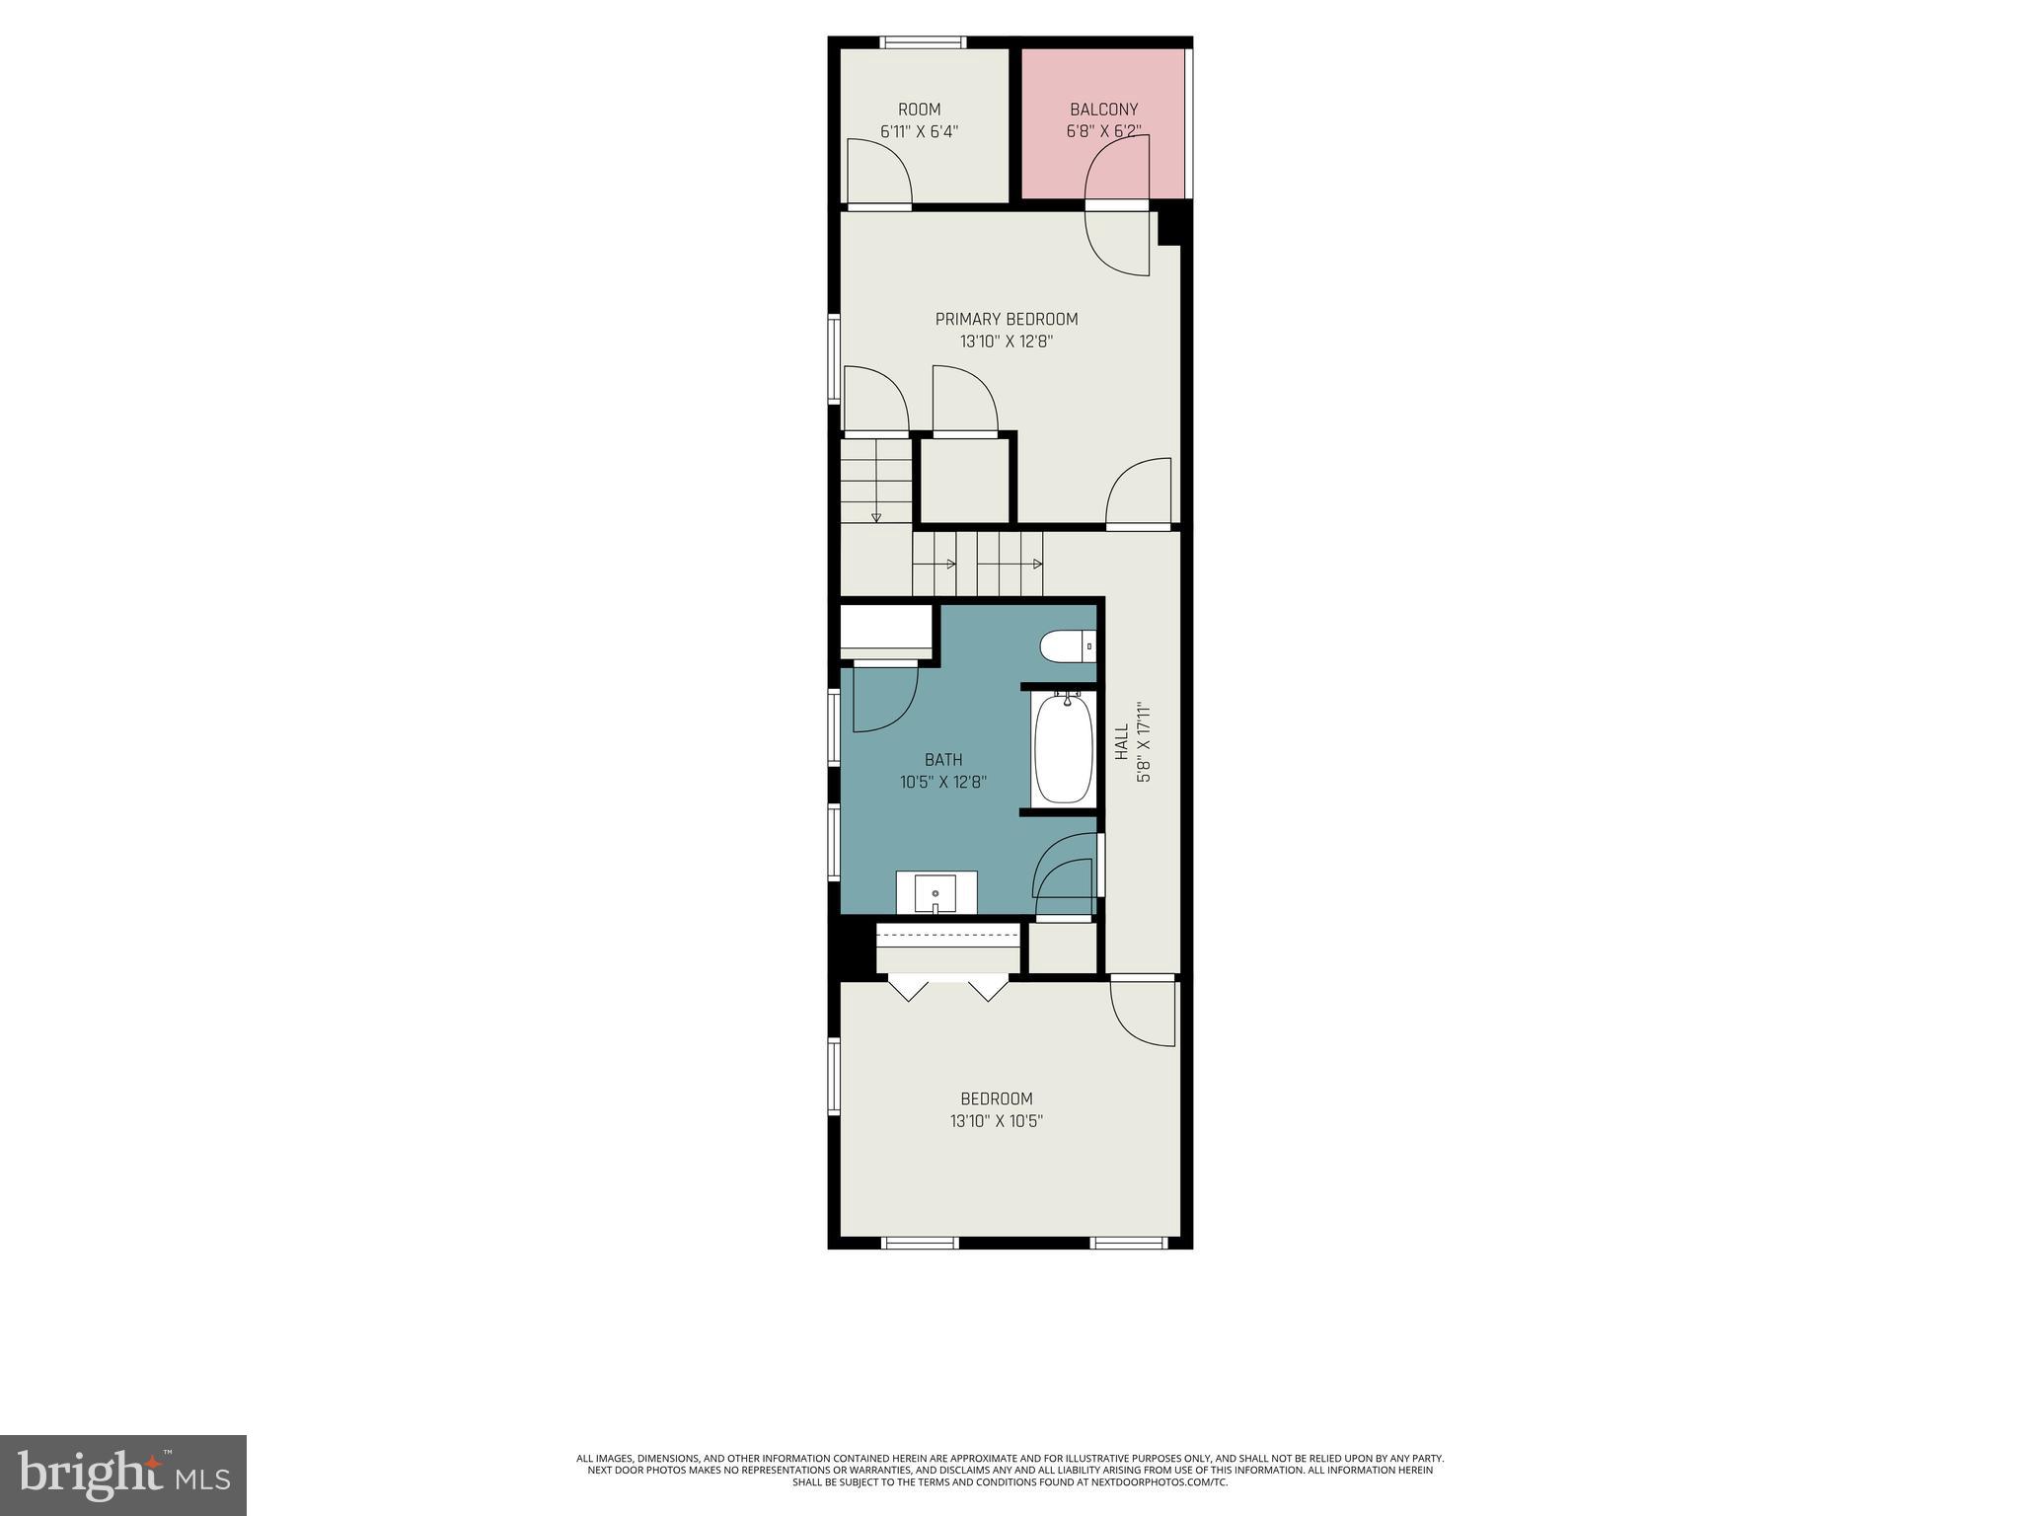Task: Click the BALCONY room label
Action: coord(1103,110)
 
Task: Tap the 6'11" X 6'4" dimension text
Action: coord(919,131)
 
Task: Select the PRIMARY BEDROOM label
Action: coord(1006,319)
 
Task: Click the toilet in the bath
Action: coord(1066,647)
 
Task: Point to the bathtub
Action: coord(1063,749)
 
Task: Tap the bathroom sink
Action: coord(935,894)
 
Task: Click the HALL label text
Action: coord(1122,742)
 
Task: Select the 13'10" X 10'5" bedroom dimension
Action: coord(996,1121)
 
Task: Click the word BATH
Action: coord(943,760)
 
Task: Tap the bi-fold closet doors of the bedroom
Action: coord(947,988)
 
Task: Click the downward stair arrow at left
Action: coord(875,516)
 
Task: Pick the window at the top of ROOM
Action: coord(923,42)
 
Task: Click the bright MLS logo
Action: coord(122,1477)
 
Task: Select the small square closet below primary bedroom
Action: coord(965,481)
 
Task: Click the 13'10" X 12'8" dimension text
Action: coord(1006,341)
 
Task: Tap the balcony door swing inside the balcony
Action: coord(1118,168)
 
